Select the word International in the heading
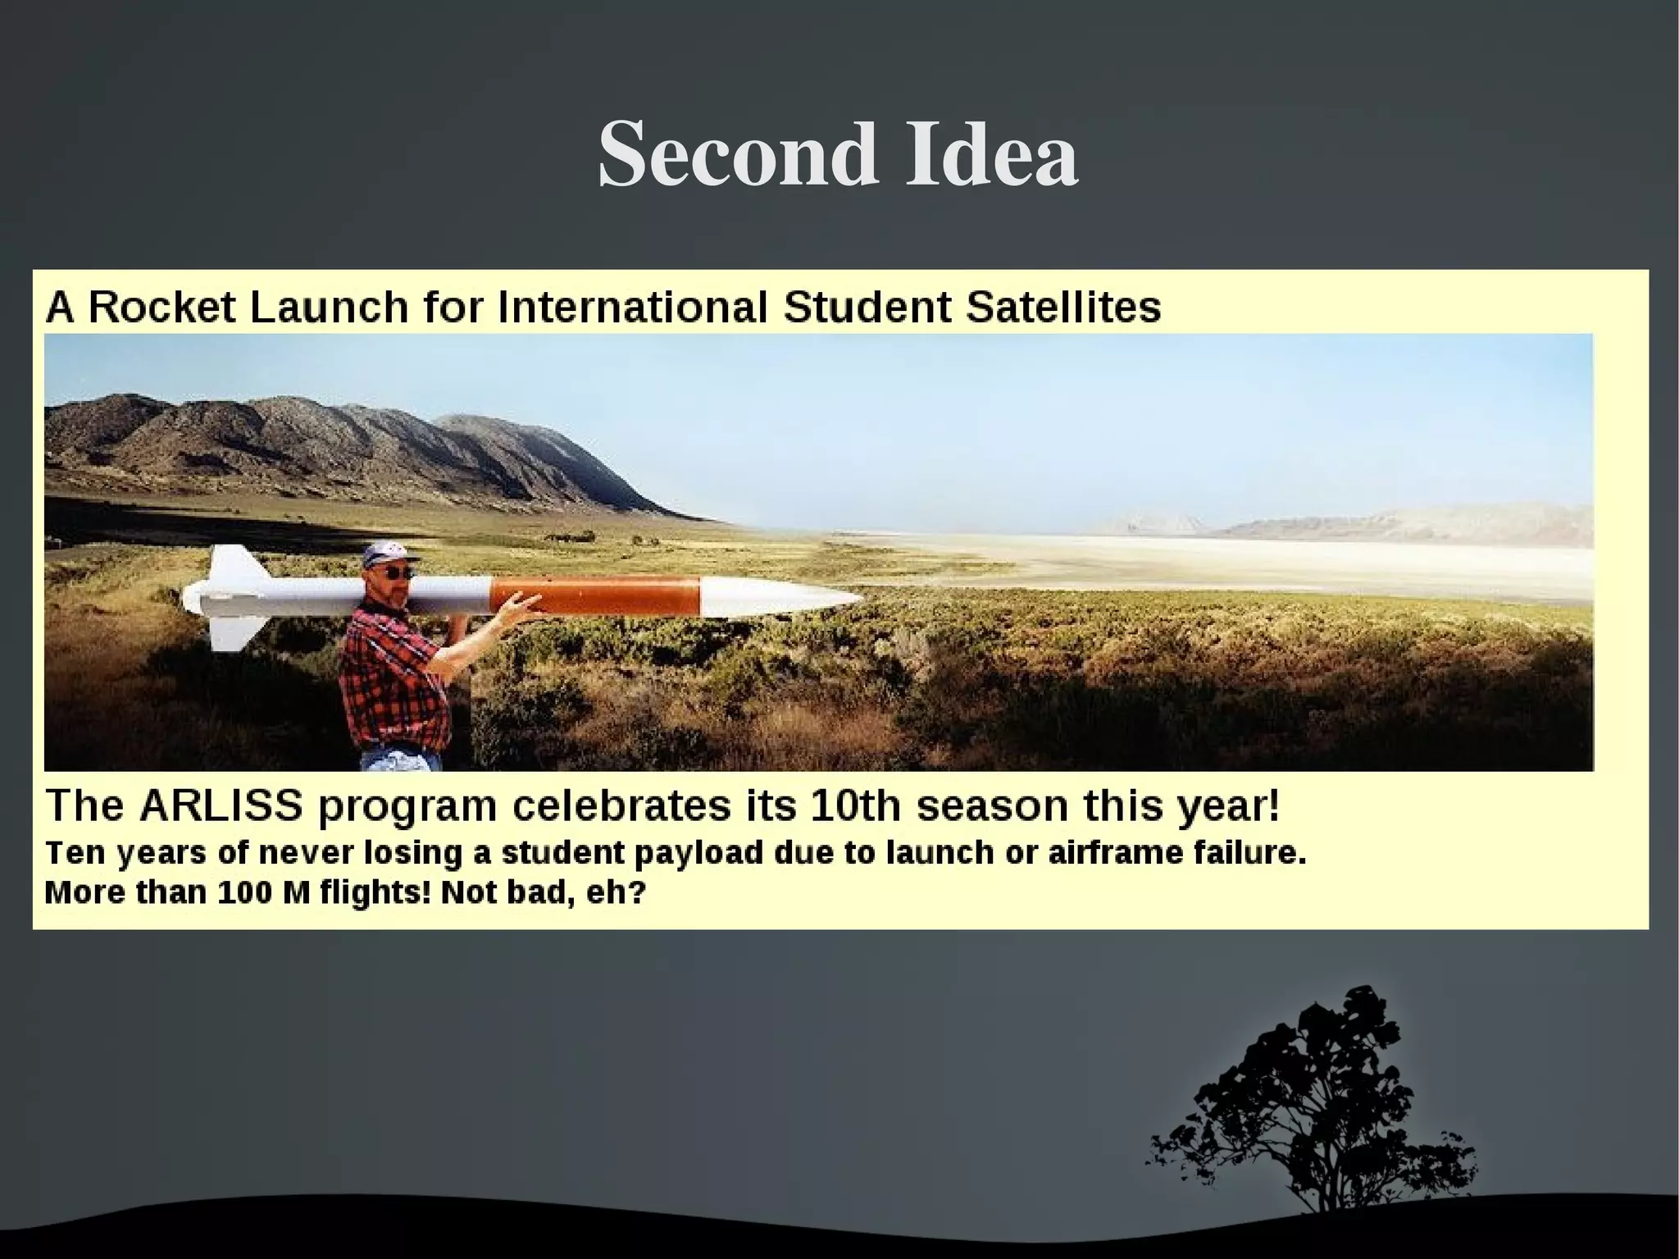pyautogui.click(x=632, y=308)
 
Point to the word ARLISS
pyautogui.click(x=221, y=805)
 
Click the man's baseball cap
pyautogui.click(x=385, y=553)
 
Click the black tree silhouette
pyautogui.click(x=1320, y=1107)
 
